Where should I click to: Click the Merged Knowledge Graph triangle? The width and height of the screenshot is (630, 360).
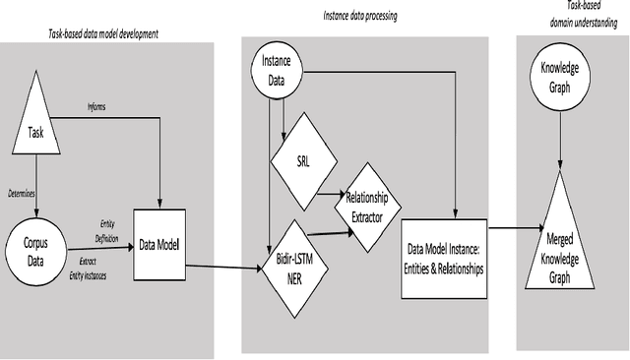coord(560,246)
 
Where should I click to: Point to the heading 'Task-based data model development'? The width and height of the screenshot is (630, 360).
coord(103,33)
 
